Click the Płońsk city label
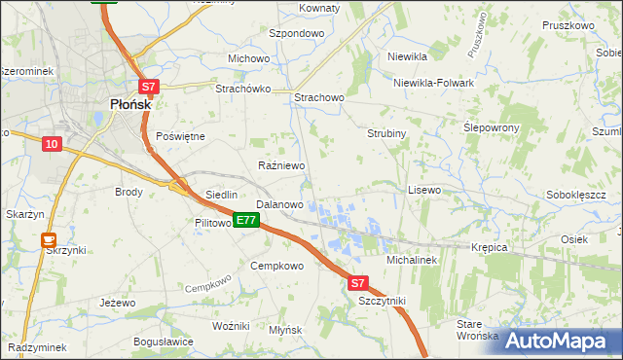(122, 104)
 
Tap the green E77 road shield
(245, 221)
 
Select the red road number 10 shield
(52, 144)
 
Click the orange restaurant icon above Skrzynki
(48, 238)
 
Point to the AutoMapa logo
(561, 341)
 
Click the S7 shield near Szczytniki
(357, 283)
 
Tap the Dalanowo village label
(279, 205)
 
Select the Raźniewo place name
(281, 166)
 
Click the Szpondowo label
(296, 32)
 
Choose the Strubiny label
(385, 133)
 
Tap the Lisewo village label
(423, 190)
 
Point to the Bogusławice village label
(164, 342)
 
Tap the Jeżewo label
(117, 303)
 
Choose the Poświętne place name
(180, 136)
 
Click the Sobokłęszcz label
(576, 195)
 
